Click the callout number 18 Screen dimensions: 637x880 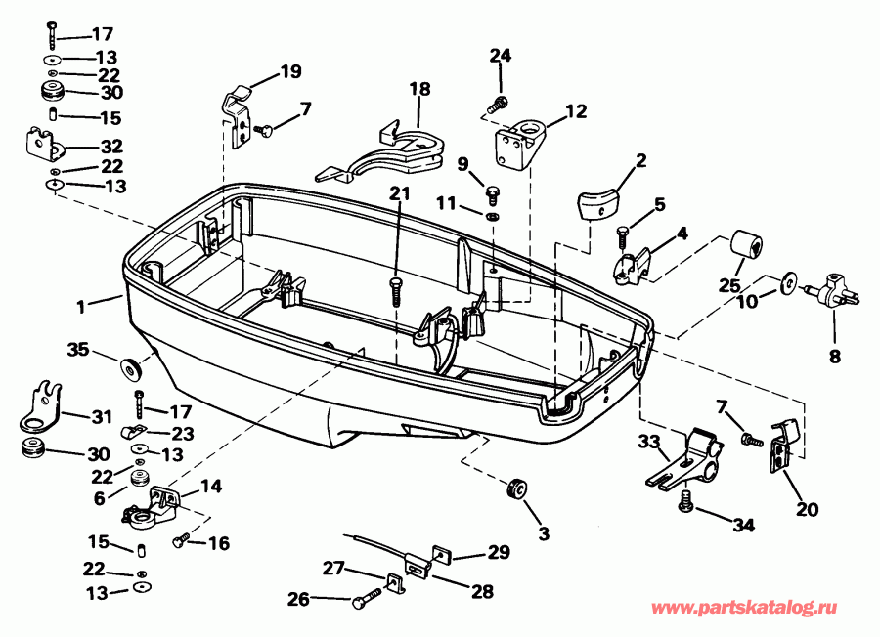pos(418,89)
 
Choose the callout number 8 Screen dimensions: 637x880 pos(834,358)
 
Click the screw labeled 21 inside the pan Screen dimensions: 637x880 pos(396,289)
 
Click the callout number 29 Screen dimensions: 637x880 pos(499,554)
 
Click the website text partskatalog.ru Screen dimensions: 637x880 pos(759,609)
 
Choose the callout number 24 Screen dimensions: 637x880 pos(500,56)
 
